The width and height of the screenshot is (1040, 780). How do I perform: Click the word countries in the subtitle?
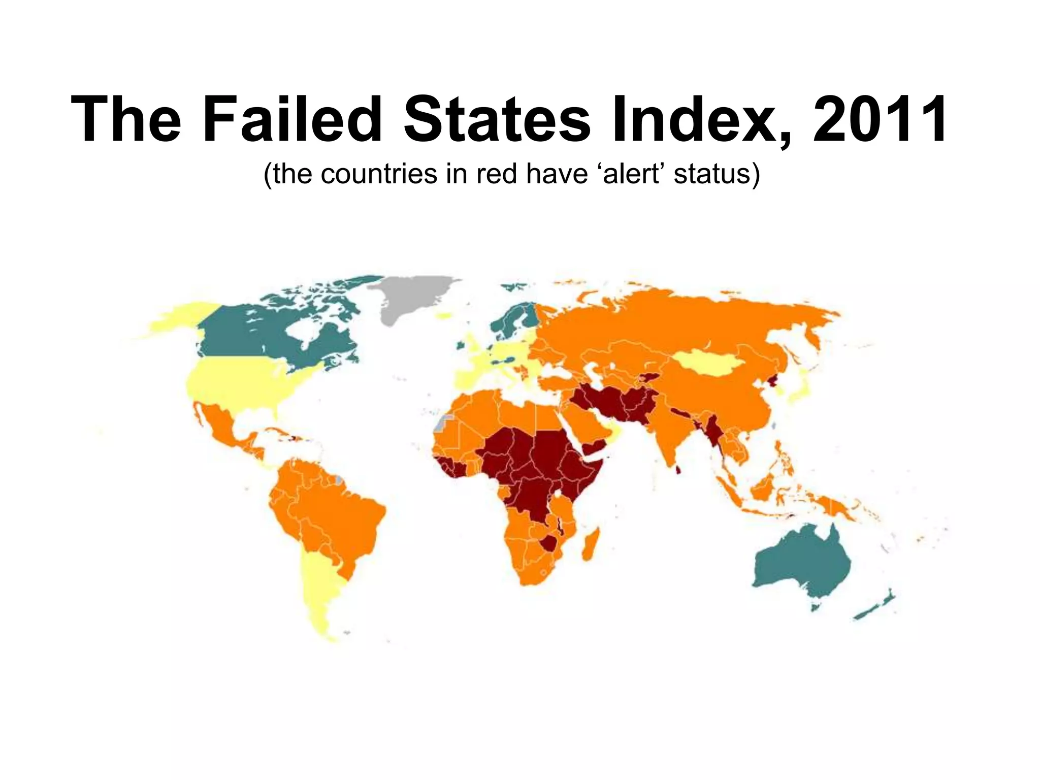point(379,174)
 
